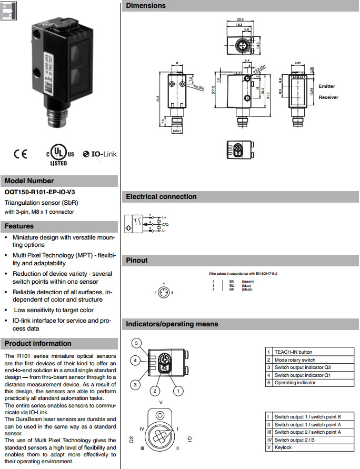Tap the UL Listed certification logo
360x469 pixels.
pos(59,154)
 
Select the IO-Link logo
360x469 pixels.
pos(101,154)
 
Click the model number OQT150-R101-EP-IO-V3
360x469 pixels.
pos(37,193)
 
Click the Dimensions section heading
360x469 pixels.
pos(146,6)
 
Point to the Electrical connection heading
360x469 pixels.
pos(161,197)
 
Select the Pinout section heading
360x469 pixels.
pos(137,261)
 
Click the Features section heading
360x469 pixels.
pos(19,226)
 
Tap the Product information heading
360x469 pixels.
pos(38,344)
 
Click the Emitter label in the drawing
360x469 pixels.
pos(326,86)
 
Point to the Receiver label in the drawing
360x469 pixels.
pos(328,97)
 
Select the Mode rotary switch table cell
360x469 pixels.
pos(295,360)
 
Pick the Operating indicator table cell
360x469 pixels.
pos(295,383)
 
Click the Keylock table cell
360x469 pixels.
pos(283,447)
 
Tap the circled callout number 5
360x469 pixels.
pos(136,343)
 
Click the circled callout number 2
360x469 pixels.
pos(154,391)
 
